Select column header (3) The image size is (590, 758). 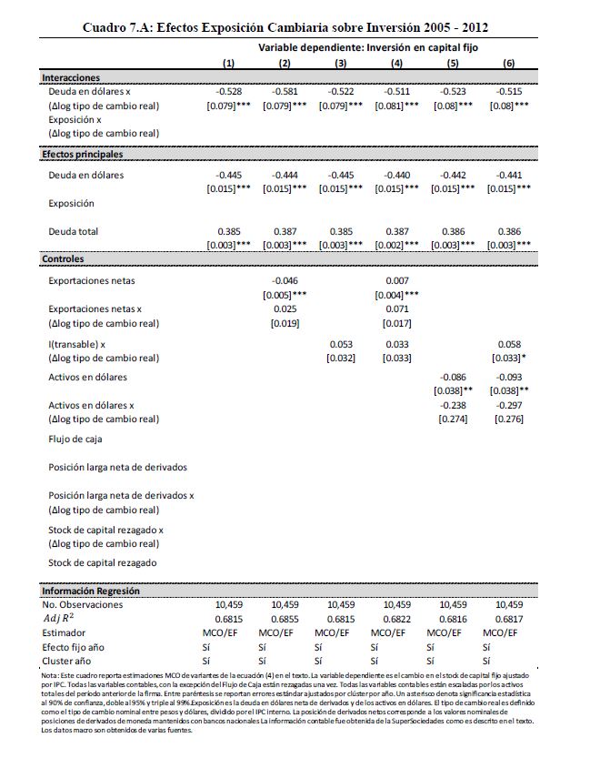(x=341, y=63)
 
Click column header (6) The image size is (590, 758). (x=508, y=63)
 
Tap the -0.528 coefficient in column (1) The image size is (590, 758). (x=228, y=92)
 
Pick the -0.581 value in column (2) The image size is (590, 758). (x=285, y=92)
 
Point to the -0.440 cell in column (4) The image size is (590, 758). (x=396, y=175)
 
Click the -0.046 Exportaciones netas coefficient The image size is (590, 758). (x=285, y=281)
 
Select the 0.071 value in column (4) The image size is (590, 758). (x=396, y=308)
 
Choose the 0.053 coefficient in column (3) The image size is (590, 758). (x=341, y=345)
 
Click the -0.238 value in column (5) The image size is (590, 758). (x=453, y=404)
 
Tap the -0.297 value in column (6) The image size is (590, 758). (x=508, y=404)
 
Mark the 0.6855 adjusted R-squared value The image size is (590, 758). (x=285, y=618)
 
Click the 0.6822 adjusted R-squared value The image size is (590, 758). (x=396, y=618)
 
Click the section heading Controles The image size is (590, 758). (x=69, y=259)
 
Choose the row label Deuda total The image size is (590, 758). (x=73, y=232)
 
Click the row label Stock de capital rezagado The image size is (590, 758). (x=102, y=562)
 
